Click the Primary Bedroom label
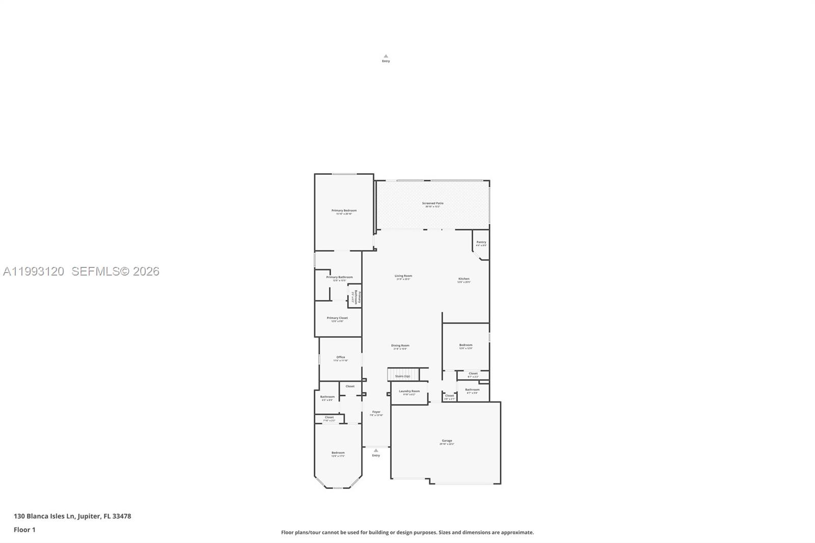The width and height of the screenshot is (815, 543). (344, 211)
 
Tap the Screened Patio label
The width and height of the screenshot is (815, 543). (432, 204)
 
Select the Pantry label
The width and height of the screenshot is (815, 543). (481, 242)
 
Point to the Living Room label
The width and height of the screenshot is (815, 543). (403, 276)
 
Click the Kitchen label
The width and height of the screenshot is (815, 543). (464, 279)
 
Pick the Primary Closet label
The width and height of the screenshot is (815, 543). (337, 318)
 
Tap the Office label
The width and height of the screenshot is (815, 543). (340, 358)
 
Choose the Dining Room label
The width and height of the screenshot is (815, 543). (400, 346)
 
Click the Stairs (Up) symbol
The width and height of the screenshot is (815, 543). (403, 374)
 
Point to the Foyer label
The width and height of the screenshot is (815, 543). (376, 412)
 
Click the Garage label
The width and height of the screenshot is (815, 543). (447, 441)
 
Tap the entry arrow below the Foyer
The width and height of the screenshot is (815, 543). (376, 451)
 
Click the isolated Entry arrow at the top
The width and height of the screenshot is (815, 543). (386, 57)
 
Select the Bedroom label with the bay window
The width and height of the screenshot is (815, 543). (338, 453)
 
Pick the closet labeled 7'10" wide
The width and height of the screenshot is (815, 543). (329, 418)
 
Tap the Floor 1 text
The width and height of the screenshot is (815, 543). (24, 530)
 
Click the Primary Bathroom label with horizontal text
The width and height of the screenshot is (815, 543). (339, 278)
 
